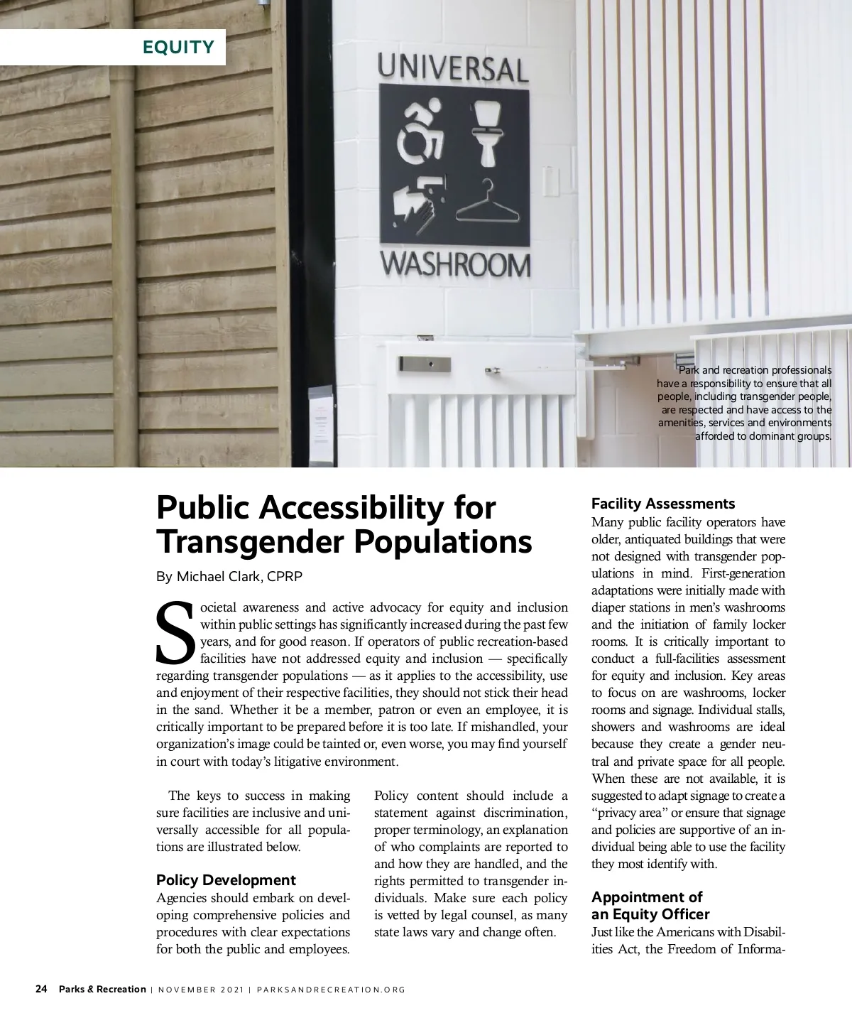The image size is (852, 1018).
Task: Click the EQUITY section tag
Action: point(178,47)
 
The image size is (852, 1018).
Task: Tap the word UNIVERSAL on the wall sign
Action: point(453,68)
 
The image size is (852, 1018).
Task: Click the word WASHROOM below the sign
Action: point(455,265)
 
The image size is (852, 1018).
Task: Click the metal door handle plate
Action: point(425,364)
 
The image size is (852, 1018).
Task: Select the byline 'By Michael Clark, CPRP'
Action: point(229,576)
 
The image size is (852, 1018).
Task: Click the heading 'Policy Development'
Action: point(226,880)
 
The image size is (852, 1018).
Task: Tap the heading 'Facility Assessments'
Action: point(663,504)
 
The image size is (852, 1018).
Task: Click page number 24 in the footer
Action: point(42,989)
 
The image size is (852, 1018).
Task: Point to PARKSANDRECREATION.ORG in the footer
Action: point(331,990)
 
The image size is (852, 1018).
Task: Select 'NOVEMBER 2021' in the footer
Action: point(201,990)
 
